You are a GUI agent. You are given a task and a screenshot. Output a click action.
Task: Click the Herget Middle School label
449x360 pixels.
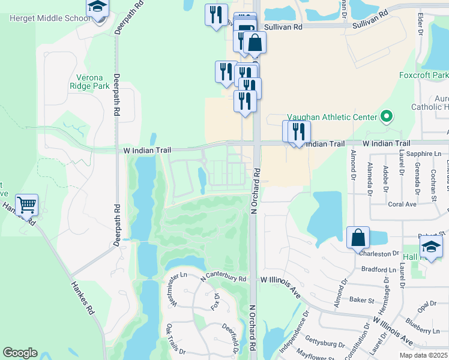pyautogui.click(x=50, y=18)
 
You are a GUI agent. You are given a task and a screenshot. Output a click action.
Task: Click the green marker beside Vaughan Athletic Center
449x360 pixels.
pyautogui.click(x=387, y=116)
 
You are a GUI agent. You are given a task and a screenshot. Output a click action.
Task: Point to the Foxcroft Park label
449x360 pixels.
pyautogui.click(x=424, y=76)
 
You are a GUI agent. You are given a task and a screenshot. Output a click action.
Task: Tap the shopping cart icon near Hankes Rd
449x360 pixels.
pyautogui.click(x=27, y=205)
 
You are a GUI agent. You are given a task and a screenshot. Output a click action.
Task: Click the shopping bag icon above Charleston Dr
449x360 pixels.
pyautogui.click(x=358, y=238)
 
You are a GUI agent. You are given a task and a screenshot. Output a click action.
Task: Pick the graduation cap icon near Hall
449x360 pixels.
pyautogui.click(x=431, y=247)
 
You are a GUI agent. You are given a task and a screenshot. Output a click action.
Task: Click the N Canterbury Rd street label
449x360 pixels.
pyautogui.click(x=224, y=275)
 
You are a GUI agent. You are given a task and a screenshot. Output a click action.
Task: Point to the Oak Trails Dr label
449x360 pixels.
pyautogui.click(x=176, y=339)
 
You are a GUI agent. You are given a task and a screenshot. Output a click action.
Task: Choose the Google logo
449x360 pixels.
pyautogui.click(x=20, y=353)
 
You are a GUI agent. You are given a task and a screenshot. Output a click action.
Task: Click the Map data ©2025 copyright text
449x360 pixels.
pyautogui.click(x=423, y=355)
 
